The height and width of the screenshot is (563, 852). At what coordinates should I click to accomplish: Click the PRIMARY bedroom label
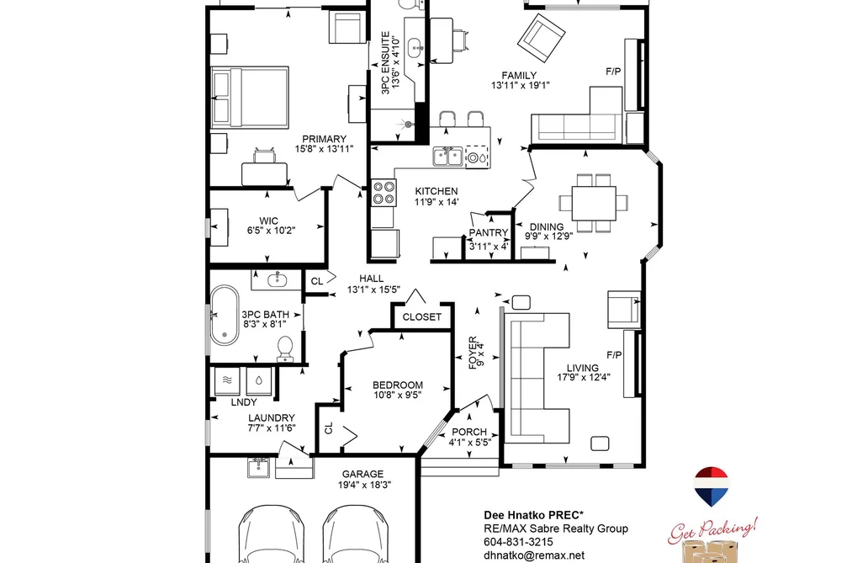point(324,139)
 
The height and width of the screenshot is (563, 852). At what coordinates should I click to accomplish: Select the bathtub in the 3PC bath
point(225,316)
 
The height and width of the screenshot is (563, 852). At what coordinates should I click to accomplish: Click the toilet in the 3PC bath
point(285,348)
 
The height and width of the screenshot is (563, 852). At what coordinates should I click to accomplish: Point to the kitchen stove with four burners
point(383,193)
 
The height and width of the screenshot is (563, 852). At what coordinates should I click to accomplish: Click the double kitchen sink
point(447,157)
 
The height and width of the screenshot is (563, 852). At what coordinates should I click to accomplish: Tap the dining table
point(593,203)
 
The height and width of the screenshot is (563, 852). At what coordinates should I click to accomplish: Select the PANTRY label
point(489,232)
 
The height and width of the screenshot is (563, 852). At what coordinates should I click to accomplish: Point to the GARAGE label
point(362,474)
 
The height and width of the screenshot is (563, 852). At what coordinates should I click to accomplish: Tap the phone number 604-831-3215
point(518,542)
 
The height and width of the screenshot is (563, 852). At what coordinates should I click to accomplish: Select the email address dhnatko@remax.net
point(534,555)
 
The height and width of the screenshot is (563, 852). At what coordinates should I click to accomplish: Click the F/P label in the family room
point(613,72)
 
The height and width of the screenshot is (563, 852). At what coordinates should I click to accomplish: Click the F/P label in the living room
point(614,355)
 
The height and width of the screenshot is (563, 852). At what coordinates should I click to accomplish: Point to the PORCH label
point(469,432)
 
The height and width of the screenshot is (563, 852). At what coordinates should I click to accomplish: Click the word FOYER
point(473,353)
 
